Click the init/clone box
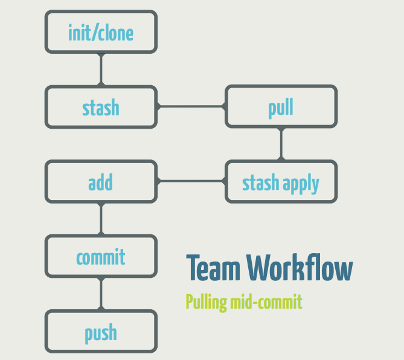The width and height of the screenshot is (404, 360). click(101, 31)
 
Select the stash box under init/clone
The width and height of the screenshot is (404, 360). click(101, 107)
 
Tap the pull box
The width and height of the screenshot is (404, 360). click(281, 107)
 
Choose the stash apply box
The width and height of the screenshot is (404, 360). click(281, 182)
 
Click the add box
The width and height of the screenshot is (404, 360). click(101, 182)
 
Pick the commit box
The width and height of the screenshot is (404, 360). click(101, 257)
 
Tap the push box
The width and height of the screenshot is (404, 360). click(101, 332)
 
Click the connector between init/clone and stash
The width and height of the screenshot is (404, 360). click(101, 69)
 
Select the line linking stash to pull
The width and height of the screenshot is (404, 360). click(191, 107)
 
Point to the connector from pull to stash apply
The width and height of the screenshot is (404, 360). click(281, 144)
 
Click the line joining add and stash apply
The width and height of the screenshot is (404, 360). click(191, 181)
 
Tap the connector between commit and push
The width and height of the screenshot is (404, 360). click(101, 294)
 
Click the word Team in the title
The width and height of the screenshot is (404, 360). click(213, 269)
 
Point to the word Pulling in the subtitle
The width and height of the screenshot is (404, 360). click(207, 302)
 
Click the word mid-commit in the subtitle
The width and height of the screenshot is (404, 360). click(266, 302)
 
